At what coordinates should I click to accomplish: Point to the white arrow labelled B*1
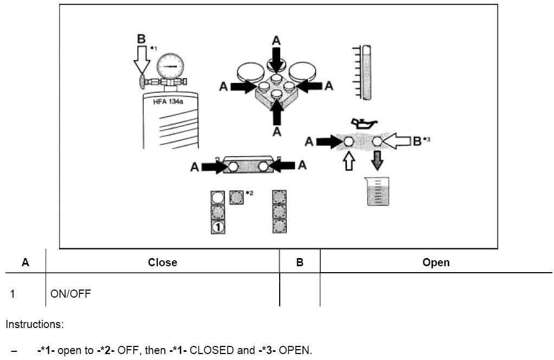coord(142,60)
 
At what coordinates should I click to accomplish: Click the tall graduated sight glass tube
coord(366,73)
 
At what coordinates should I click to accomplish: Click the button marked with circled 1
coord(218,227)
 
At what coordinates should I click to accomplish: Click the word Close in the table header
coord(163,263)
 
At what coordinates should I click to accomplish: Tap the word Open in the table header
coord(436,263)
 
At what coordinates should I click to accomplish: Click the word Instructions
coord(35,325)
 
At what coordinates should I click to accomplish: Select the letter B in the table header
coord(300,263)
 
